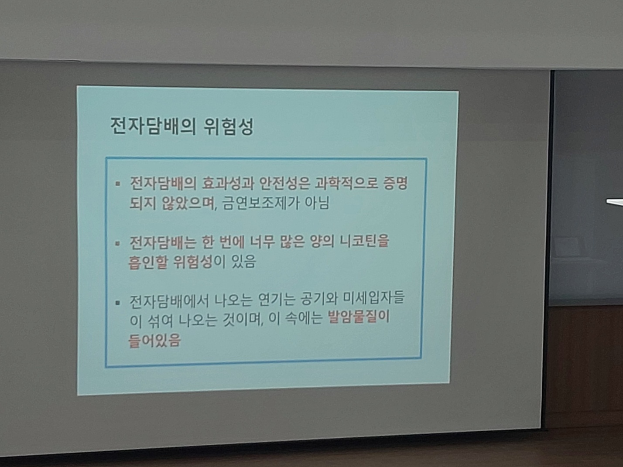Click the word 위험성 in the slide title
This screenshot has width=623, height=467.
pyautogui.click(x=229, y=126)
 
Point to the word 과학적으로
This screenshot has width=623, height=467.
pyautogui.click(x=346, y=184)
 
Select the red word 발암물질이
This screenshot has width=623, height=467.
pyautogui.click(x=359, y=317)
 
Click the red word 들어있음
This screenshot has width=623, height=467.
pyautogui.click(x=154, y=340)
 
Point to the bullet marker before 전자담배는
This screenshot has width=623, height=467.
pyautogui.click(x=118, y=243)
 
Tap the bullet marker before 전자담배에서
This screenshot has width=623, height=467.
pyautogui.click(x=118, y=303)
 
